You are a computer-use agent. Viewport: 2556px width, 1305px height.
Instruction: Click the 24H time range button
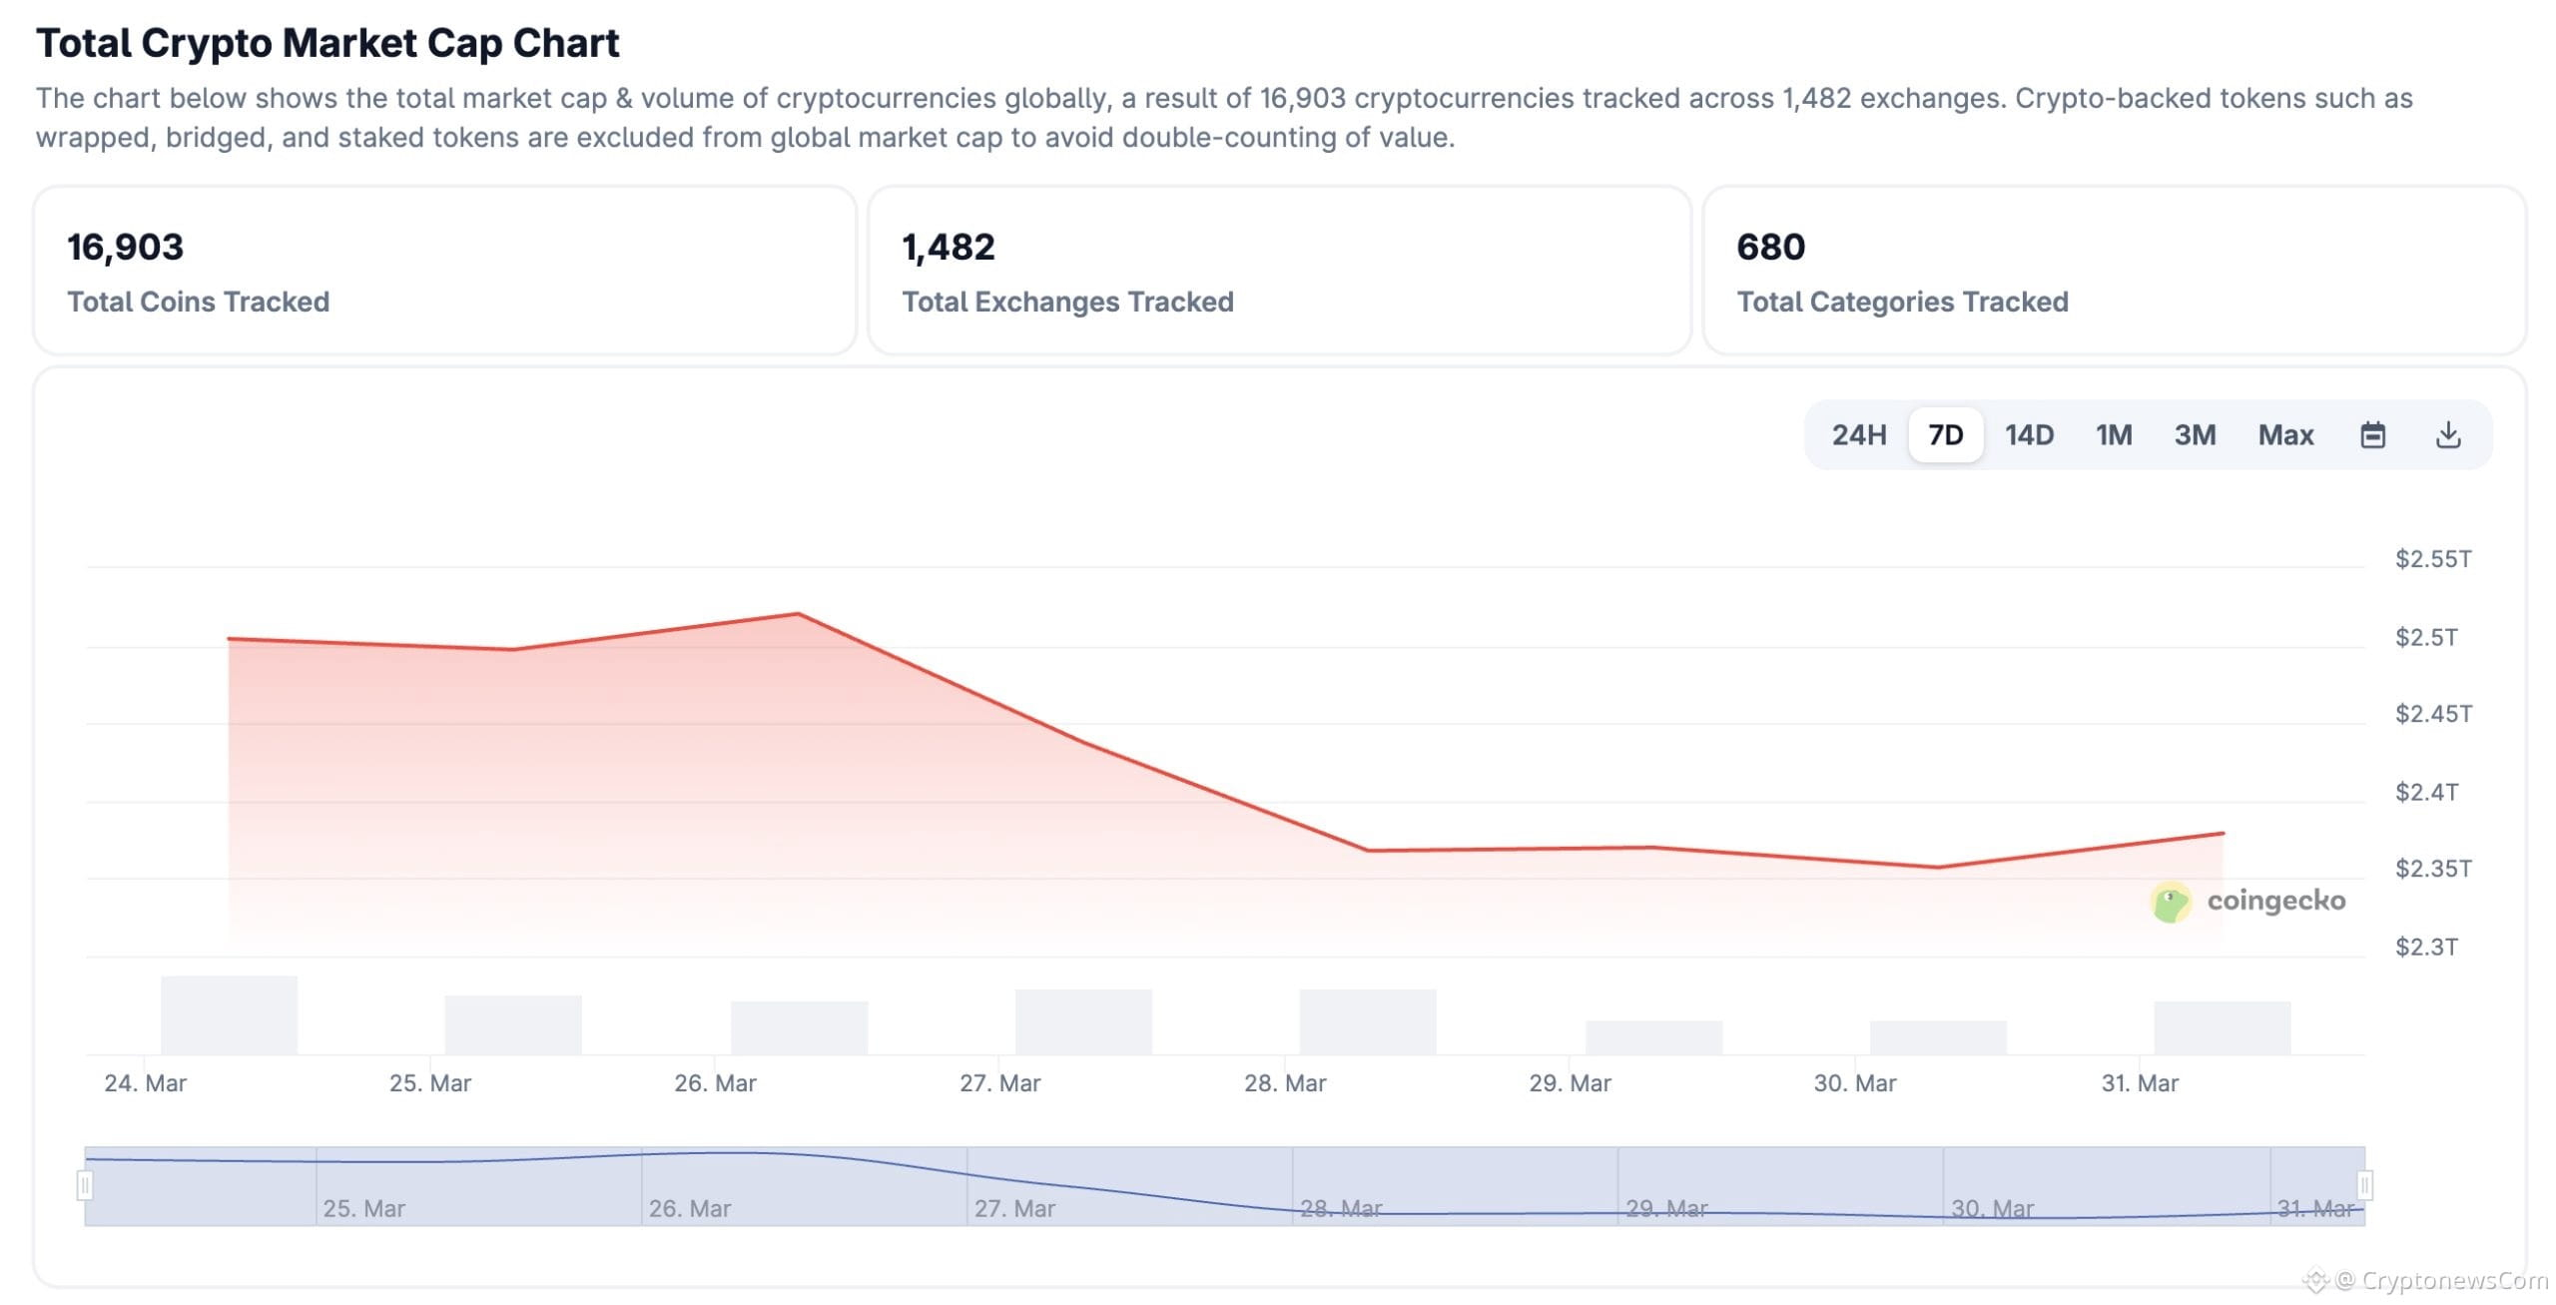coord(1858,435)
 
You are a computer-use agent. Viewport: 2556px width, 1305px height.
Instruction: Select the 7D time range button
coord(1945,435)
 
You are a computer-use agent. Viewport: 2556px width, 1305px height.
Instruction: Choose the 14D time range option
coord(2029,435)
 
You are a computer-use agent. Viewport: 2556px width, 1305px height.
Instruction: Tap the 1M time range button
coord(2114,435)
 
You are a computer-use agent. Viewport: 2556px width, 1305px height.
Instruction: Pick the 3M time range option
coord(2195,435)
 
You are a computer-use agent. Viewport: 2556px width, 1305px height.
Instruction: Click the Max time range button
coord(2285,435)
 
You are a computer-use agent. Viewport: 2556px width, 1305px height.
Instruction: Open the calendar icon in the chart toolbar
coord(2372,435)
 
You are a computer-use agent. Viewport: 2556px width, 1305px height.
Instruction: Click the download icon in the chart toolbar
coord(2448,435)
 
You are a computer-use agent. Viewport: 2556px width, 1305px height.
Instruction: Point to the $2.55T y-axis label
coord(2433,559)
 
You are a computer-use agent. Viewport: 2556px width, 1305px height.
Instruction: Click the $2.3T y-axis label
coord(2426,947)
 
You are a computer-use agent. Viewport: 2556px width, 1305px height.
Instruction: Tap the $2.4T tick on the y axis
coord(2426,793)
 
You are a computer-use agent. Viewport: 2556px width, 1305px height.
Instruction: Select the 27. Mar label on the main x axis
coord(999,1083)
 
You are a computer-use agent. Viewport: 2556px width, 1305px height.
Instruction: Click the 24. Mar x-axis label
coord(145,1083)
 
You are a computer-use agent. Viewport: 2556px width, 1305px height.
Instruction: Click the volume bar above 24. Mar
coord(229,1014)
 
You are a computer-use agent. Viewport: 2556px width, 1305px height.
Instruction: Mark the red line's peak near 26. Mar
coord(798,614)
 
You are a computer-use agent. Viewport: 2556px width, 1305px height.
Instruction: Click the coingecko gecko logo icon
coord(2170,902)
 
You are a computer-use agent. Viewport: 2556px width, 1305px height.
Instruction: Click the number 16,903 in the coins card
coord(125,248)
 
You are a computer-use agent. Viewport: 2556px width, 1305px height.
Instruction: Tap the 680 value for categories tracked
coord(1770,248)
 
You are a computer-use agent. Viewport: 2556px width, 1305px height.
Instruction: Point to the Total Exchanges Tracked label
coord(1067,302)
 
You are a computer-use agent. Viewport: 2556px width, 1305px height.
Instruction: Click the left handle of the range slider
coord(85,1185)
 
